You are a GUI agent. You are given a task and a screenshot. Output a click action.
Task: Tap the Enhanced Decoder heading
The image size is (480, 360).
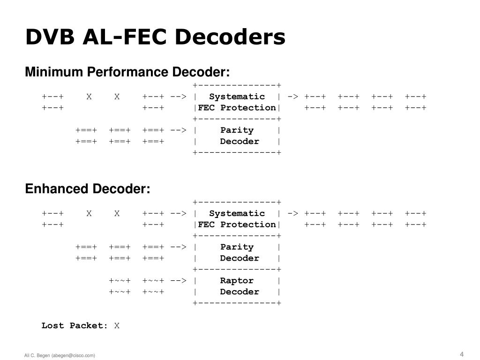87,189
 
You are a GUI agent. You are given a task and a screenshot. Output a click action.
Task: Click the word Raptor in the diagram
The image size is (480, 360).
237,281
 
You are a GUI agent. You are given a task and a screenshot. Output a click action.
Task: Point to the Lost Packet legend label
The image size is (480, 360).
74,325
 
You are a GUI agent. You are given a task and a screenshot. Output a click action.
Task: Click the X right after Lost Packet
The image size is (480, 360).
117,325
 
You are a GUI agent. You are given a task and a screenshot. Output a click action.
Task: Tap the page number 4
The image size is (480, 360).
462,354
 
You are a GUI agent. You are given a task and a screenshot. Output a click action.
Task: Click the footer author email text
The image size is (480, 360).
60,355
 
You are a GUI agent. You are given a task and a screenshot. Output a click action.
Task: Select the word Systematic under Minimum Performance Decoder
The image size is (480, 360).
237,97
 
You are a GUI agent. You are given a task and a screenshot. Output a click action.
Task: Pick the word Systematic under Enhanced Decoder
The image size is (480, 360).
237,213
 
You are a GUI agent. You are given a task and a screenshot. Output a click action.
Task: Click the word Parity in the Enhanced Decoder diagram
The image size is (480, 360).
237,247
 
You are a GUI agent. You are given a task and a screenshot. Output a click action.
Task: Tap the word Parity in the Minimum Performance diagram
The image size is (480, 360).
237,130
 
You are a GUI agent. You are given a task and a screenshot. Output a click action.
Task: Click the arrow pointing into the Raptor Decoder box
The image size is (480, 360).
178,281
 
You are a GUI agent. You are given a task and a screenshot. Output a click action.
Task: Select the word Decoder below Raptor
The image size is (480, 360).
239,292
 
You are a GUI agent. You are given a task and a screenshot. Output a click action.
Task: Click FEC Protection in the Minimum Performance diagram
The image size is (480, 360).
237,108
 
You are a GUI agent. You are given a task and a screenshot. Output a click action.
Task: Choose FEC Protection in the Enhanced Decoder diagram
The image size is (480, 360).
237,225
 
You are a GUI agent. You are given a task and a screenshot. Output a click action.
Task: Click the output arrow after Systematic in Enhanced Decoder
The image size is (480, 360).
293,213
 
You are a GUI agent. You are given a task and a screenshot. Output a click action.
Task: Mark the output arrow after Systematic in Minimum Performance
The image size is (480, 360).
293,97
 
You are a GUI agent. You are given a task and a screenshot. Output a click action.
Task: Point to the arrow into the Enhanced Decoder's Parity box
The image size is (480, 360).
178,247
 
